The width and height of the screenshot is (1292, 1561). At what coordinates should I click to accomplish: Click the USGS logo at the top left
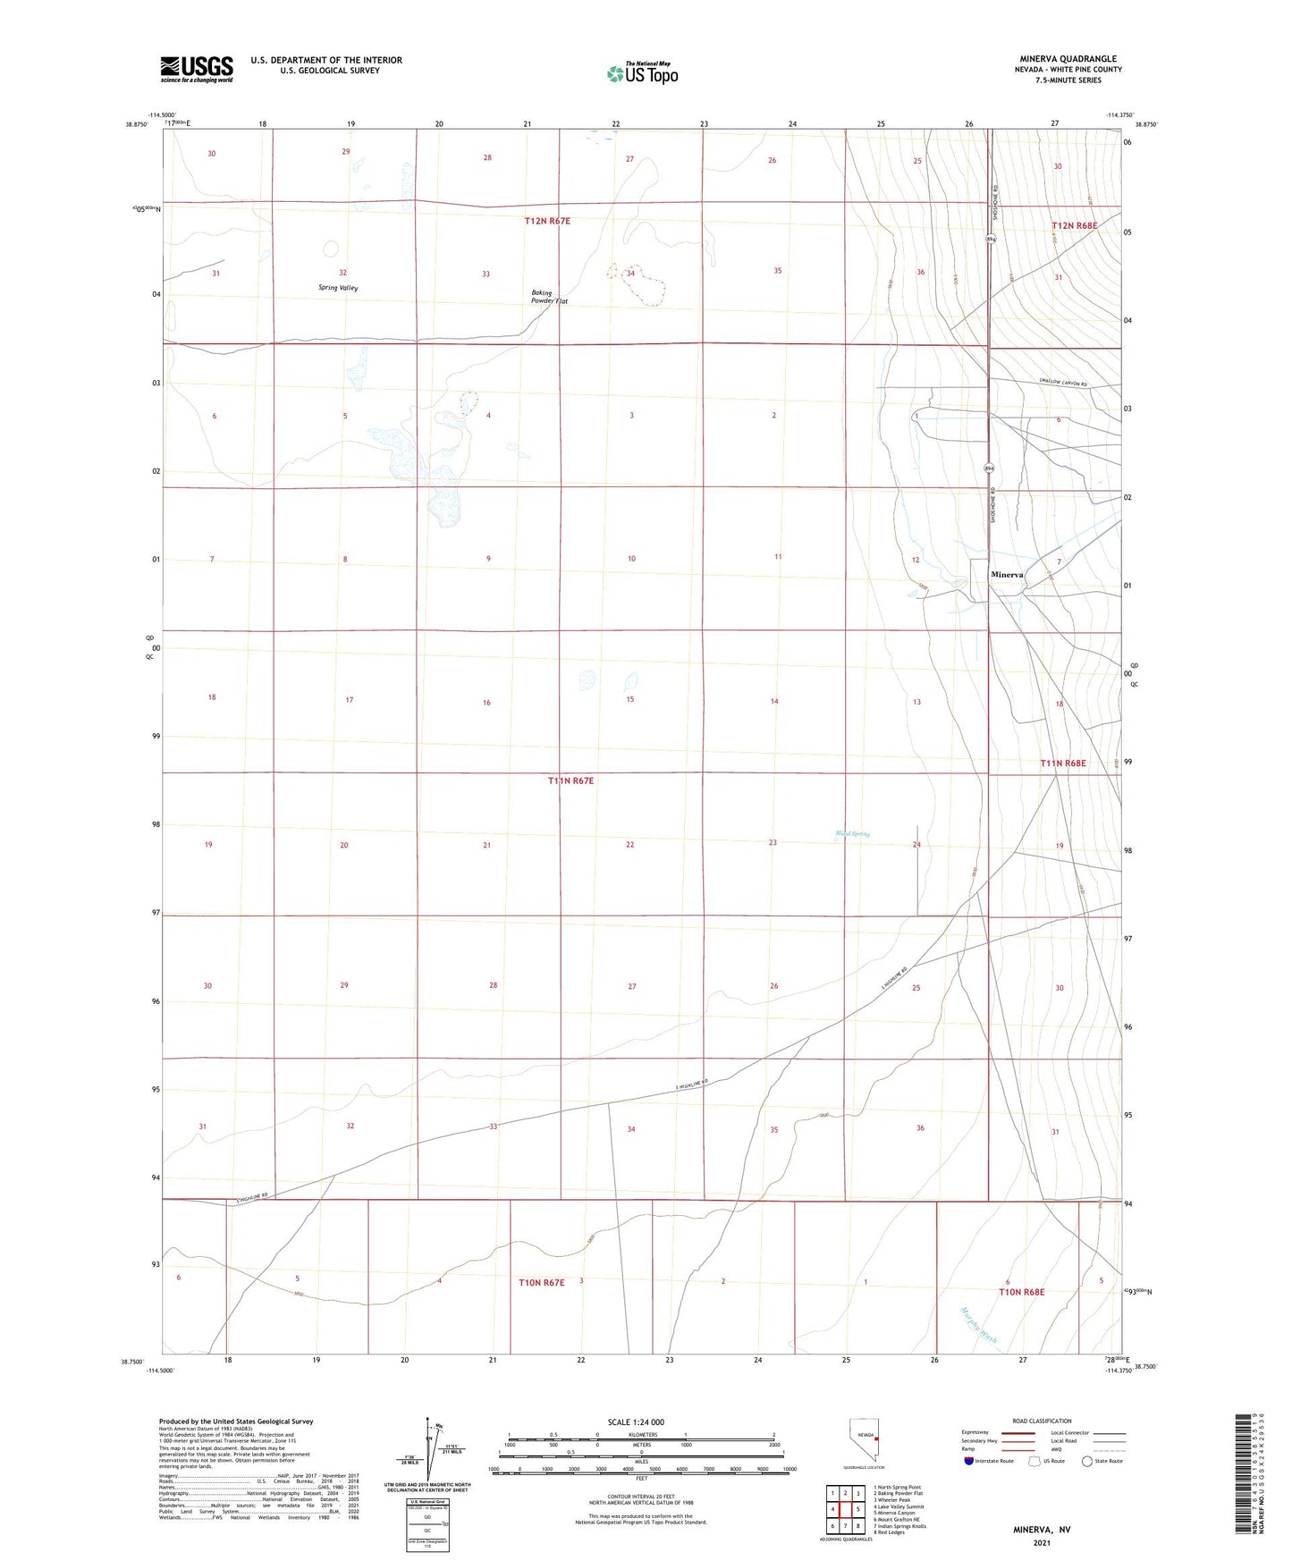tap(197, 68)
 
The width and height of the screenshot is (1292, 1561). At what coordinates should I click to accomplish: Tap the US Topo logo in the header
tap(642, 73)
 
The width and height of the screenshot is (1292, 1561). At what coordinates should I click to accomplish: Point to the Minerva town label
tap(1007, 575)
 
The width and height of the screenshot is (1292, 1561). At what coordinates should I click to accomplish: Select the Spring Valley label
tap(338, 288)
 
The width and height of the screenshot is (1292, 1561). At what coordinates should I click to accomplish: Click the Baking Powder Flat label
tap(549, 297)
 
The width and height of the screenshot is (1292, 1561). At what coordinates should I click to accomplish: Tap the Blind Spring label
tap(852, 834)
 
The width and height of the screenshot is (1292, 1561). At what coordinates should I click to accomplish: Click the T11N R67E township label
tap(570, 780)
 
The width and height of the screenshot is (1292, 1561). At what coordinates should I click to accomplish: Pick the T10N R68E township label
tap(1021, 1292)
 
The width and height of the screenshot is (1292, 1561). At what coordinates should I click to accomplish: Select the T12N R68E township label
tap(1074, 226)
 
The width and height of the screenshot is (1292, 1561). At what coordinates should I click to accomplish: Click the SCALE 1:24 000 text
tap(636, 1422)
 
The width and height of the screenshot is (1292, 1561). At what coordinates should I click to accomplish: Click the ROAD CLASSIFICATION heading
tap(1042, 1421)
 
